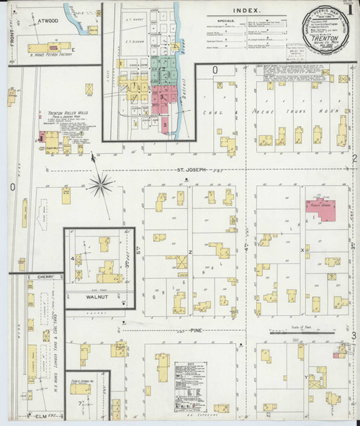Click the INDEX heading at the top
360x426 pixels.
[248, 11]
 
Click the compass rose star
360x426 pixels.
[101, 185]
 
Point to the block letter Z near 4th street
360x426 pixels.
[190, 252]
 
